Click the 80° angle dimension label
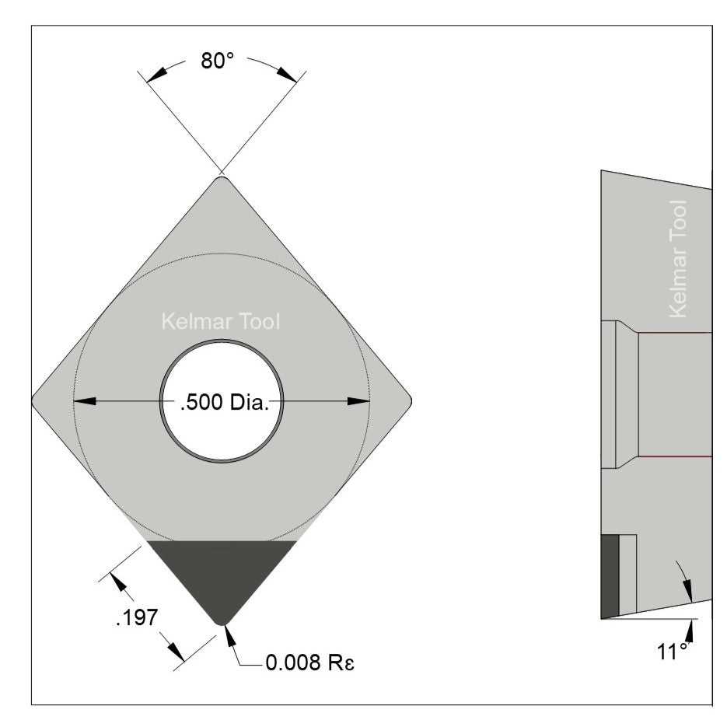coord(218,61)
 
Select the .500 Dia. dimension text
coord(224,404)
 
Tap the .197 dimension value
coord(136,618)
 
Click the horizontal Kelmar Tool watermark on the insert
coord(220,321)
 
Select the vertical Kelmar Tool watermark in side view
coord(678,259)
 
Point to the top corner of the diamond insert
coord(222,179)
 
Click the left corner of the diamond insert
coord(34,400)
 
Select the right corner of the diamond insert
coord(409,400)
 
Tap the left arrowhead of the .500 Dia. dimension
coord(84,401)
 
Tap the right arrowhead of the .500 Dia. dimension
coord(358,401)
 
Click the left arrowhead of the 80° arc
coord(156,75)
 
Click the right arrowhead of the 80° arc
coord(287,75)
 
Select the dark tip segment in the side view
coord(610,575)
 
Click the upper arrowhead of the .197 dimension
coord(117,581)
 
